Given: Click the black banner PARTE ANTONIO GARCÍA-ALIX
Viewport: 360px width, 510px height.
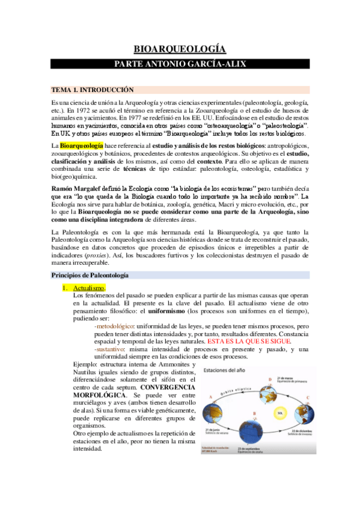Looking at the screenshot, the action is point(180,63).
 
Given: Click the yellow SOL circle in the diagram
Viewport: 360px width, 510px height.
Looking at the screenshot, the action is point(278,413).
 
